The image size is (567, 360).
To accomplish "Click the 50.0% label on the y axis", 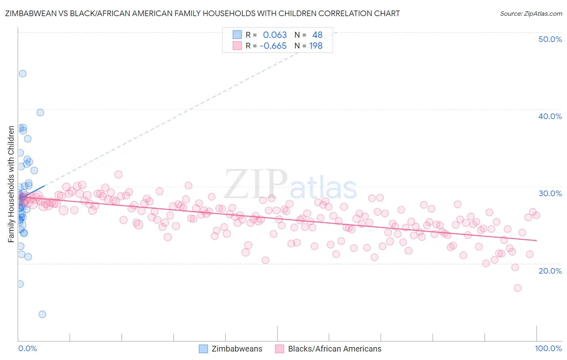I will (x=550, y=39).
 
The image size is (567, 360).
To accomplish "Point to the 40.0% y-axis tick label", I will (x=550, y=116).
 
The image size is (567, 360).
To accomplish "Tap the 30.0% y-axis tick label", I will (x=550, y=193).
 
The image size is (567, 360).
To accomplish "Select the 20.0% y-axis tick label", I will (x=550, y=271).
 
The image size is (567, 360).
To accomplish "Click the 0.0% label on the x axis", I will (x=27, y=348).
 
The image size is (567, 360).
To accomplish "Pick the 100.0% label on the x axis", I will (x=548, y=348).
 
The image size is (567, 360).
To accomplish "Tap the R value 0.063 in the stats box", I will (x=275, y=35).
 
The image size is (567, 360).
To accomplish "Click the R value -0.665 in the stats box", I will (x=273, y=46).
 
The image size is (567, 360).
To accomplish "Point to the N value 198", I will (x=316, y=46).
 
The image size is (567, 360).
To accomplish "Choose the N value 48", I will (x=317, y=35).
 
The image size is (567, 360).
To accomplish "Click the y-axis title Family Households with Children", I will (x=11, y=184).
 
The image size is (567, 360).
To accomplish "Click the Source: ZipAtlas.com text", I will (x=531, y=14).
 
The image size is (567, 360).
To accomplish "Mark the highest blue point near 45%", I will (x=23, y=73).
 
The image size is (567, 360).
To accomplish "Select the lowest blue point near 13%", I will (x=42, y=314).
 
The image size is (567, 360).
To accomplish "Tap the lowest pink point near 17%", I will (x=517, y=288).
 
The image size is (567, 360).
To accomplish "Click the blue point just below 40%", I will (x=40, y=113).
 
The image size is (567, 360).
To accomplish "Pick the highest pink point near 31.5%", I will (x=119, y=175).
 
